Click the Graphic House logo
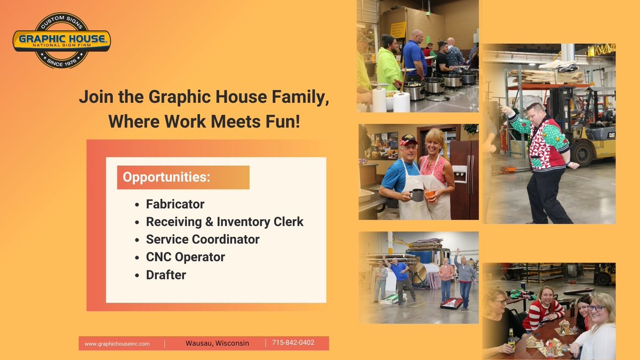(x=61, y=41)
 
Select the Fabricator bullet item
(x=175, y=204)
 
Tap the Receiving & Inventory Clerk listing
(x=225, y=222)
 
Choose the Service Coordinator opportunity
(x=203, y=239)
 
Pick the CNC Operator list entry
(x=186, y=257)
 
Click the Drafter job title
(x=166, y=275)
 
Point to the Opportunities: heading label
(x=166, y=177)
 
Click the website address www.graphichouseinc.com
(x=117, y=343)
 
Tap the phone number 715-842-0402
(x=293, y=343)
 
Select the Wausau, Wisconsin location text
(x=218, y=343)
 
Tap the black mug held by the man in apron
(x=417, y=195)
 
